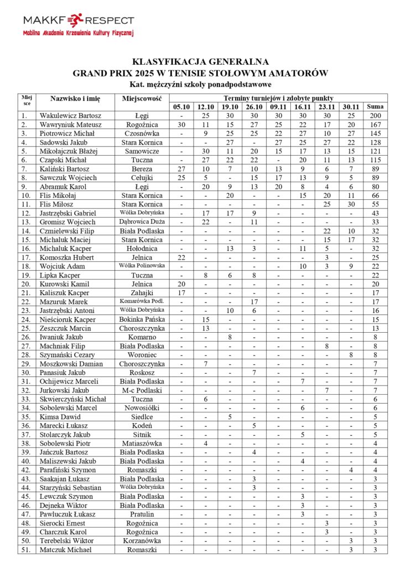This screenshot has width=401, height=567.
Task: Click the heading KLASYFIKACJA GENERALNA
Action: (x=200, y=61)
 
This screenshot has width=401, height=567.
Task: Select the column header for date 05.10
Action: (x=181, y=107)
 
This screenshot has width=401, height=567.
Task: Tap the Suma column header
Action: (x=375, y=107)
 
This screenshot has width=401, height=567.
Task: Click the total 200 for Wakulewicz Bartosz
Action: (x=375, y=116)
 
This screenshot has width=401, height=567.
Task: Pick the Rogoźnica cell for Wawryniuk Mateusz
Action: (x=142, y=125)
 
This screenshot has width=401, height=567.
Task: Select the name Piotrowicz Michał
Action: (x=67, y=133)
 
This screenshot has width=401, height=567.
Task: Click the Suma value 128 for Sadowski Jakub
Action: (x=375, y=142)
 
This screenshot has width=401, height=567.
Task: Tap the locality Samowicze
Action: (x=142, y=151)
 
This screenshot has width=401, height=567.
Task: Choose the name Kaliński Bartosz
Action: (x=64, y=169)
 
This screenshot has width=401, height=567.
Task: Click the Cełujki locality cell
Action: (x=142, y=178)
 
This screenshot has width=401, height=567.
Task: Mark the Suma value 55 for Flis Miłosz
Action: (x=375, y=204)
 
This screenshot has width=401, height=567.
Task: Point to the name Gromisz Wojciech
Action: (x=67, y=222)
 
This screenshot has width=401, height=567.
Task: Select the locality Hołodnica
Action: (x=142, y=249)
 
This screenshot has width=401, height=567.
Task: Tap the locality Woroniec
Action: (x=142, y=355)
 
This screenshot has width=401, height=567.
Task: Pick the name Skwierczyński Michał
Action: (x=72, y=399)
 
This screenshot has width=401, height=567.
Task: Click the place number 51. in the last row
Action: (x=24, y=550)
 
